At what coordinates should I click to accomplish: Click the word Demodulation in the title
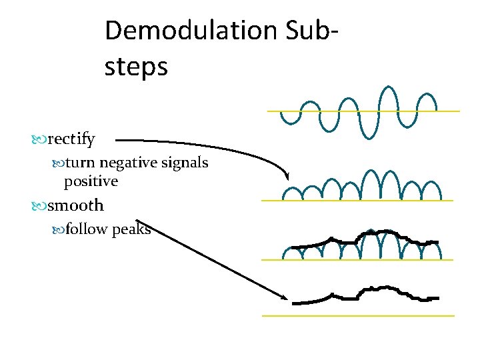tap(189, 31)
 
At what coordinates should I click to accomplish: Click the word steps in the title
tap(136, 67)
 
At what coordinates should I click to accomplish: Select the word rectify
tap(71, 139)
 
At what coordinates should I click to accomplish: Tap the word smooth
tap(75, 205)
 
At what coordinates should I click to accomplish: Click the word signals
tap(183, 163)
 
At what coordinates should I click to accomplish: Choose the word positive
tap(91, 181)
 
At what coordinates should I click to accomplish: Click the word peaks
tap(131, 231)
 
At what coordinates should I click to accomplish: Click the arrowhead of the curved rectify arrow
tap(287, 176)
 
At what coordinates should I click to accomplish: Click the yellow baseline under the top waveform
tap(363, 111)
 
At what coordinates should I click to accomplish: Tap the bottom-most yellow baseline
tap(358, 315)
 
